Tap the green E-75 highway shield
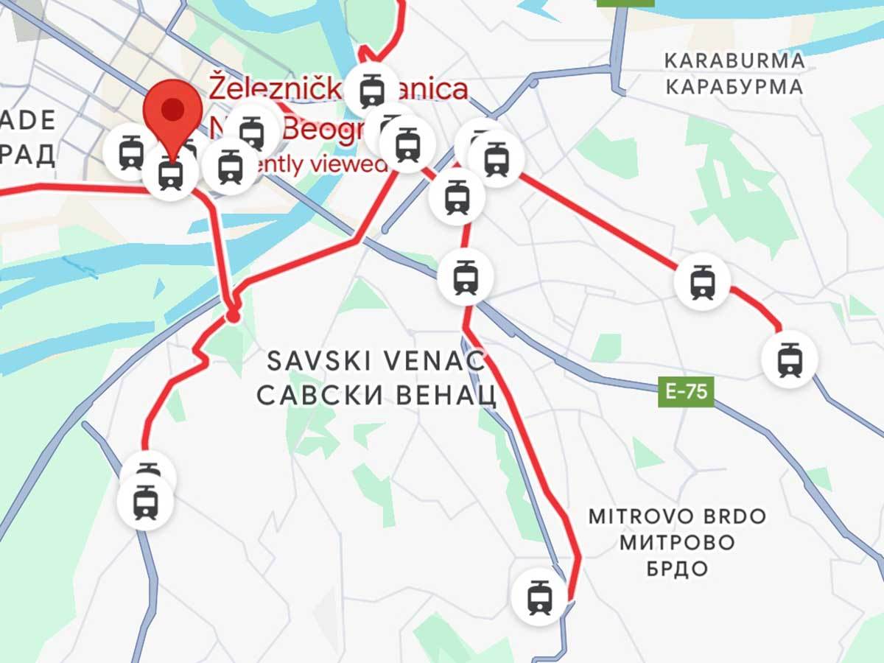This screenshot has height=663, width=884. [686, 392]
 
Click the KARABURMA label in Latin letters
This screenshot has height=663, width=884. [734, 60]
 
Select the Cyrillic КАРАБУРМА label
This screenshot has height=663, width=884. [734, 87]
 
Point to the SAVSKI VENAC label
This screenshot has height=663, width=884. [376, 362]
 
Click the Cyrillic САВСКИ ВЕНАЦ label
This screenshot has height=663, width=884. [376, 396]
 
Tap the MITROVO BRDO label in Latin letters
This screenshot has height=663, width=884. [677, 516]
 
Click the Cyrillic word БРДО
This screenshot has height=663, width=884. [677, 568]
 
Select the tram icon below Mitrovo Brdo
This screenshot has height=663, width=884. [540, 597]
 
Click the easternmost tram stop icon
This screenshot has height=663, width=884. [789, 359]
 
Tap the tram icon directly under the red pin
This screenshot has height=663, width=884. [171, 174]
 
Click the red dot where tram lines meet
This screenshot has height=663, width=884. [233, 316]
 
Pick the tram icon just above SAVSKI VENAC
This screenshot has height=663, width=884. [465, 277]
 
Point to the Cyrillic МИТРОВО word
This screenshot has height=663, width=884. [677, 543]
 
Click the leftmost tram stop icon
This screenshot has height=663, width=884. [131, 150]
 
